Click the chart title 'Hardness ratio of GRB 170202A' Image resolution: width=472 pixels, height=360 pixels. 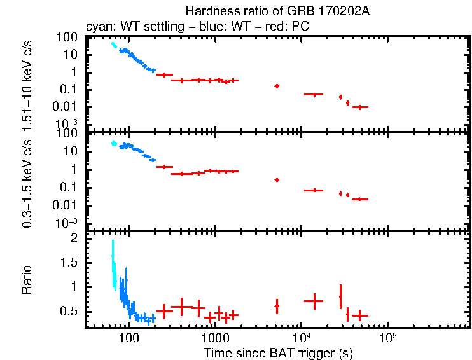pyautogui.click(x=277, y=11)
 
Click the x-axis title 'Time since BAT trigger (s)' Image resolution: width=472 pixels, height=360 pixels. pyautogui.click(x=277, y=352)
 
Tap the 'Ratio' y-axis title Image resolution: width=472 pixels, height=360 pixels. pyautogui.click(x=27, y=280)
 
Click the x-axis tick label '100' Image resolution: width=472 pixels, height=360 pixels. pyautogui.click(x=128, y=336)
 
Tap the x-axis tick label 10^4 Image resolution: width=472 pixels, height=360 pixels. pyautogui.click(x=302, y=336)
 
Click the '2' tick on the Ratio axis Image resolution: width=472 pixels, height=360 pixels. pyautogui.click(x=74, y=238)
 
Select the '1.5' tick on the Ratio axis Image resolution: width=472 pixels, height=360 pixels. pyautogui.click(x=69, y=262)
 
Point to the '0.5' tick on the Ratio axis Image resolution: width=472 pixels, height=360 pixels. pyautogui.click(x=69, y=311)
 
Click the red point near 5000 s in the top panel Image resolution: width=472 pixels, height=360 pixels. pyautogui.click(x=277, y=86)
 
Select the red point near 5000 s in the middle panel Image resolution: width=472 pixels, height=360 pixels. pyautogui.click(x=277, y=180)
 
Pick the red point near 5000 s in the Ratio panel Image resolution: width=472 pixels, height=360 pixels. pyautogui.click(x=277, y=306)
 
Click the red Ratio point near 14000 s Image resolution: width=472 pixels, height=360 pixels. pyautogui.click(x=314, y=300)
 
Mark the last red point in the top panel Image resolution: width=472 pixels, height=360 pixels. pyautogui.click(x=360, y=107)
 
